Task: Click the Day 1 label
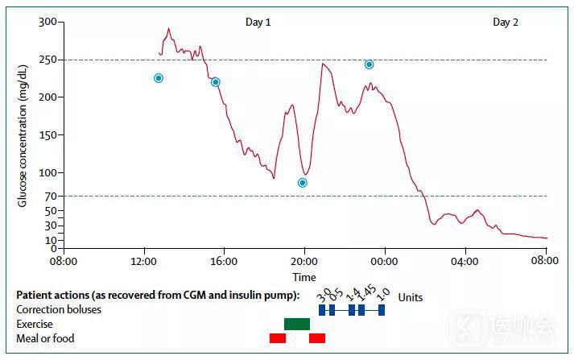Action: (x=258, y=23)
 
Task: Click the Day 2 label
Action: (x=505, y=23)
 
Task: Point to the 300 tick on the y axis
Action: (x=48, y=22)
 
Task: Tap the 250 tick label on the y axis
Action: (x=48, y=60)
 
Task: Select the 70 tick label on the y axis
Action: (x=51, y=196)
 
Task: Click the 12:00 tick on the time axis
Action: (x=143, y=261)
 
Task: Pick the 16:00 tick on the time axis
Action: (x=224, y=261)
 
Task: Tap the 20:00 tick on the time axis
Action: (x=304, y=261)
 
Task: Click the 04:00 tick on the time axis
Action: (x=465, y=261)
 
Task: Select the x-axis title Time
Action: (x=304, y=276)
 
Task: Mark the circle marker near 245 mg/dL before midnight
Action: (x=369, y=64)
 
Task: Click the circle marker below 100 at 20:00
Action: (x=303, y=183)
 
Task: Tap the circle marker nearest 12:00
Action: (x=159, y=78)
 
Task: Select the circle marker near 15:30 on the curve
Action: (x=215, y=82)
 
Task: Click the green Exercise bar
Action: (x=297, y=324)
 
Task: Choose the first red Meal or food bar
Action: (x=278, y=338)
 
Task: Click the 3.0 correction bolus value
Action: (x=324, y=295)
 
